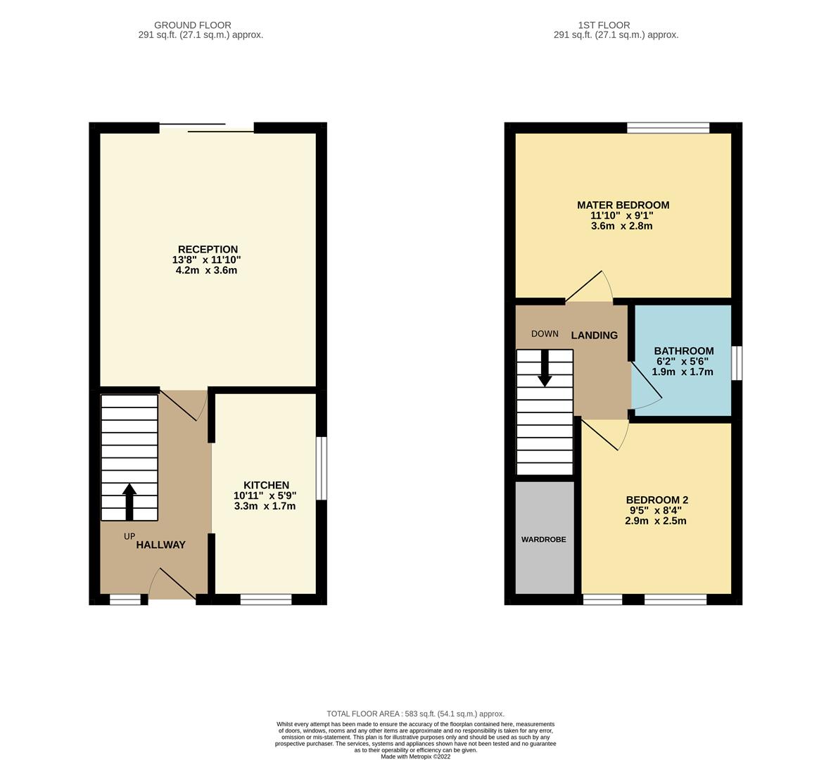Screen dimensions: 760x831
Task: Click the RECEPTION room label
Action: (208, 249)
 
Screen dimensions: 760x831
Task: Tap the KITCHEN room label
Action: (266, 485)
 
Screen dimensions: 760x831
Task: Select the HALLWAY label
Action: (160, 545)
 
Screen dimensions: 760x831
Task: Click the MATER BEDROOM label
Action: (623, 205)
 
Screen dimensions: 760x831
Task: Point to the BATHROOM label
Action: (683, 350)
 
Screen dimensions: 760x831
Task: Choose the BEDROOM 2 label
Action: (656, 500)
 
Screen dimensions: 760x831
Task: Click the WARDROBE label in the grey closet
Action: (543, 540)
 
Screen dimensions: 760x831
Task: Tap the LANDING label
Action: (594, 336)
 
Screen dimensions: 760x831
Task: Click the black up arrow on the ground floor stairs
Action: (129, 501)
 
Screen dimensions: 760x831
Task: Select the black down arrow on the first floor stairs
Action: (545, 368)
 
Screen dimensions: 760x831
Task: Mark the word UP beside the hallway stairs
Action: (129, 536)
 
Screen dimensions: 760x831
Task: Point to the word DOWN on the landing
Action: (545, 334)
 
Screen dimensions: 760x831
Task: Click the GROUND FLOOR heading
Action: (192, 25)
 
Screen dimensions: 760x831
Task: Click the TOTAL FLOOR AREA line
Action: (415, 714)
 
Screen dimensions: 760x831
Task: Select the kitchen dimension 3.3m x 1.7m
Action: (265, 506)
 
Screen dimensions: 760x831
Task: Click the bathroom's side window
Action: (736, 362)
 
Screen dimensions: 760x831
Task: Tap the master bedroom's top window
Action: (668, 127)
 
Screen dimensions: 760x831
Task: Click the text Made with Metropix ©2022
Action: (415, 756)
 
